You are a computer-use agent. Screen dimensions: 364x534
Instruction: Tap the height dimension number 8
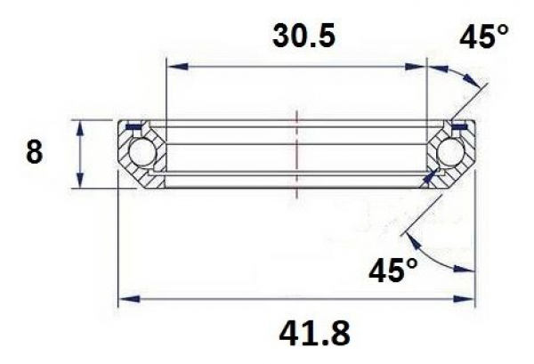click(34, 153)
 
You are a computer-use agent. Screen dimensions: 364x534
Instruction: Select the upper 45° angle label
click(484, 36)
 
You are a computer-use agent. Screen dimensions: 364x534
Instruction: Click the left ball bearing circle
click(141, 155)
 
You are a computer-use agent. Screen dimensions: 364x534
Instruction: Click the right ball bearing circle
click(449, 155)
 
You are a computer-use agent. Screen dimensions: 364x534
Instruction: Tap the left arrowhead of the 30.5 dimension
click(173, 66)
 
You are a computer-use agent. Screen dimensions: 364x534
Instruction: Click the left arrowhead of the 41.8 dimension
click(125, 298)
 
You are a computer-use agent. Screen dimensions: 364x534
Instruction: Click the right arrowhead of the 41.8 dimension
click(467, 298)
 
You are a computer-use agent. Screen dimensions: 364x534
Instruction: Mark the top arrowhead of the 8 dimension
click(82, 125)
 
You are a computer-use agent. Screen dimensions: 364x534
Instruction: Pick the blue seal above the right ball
click(458, 129)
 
